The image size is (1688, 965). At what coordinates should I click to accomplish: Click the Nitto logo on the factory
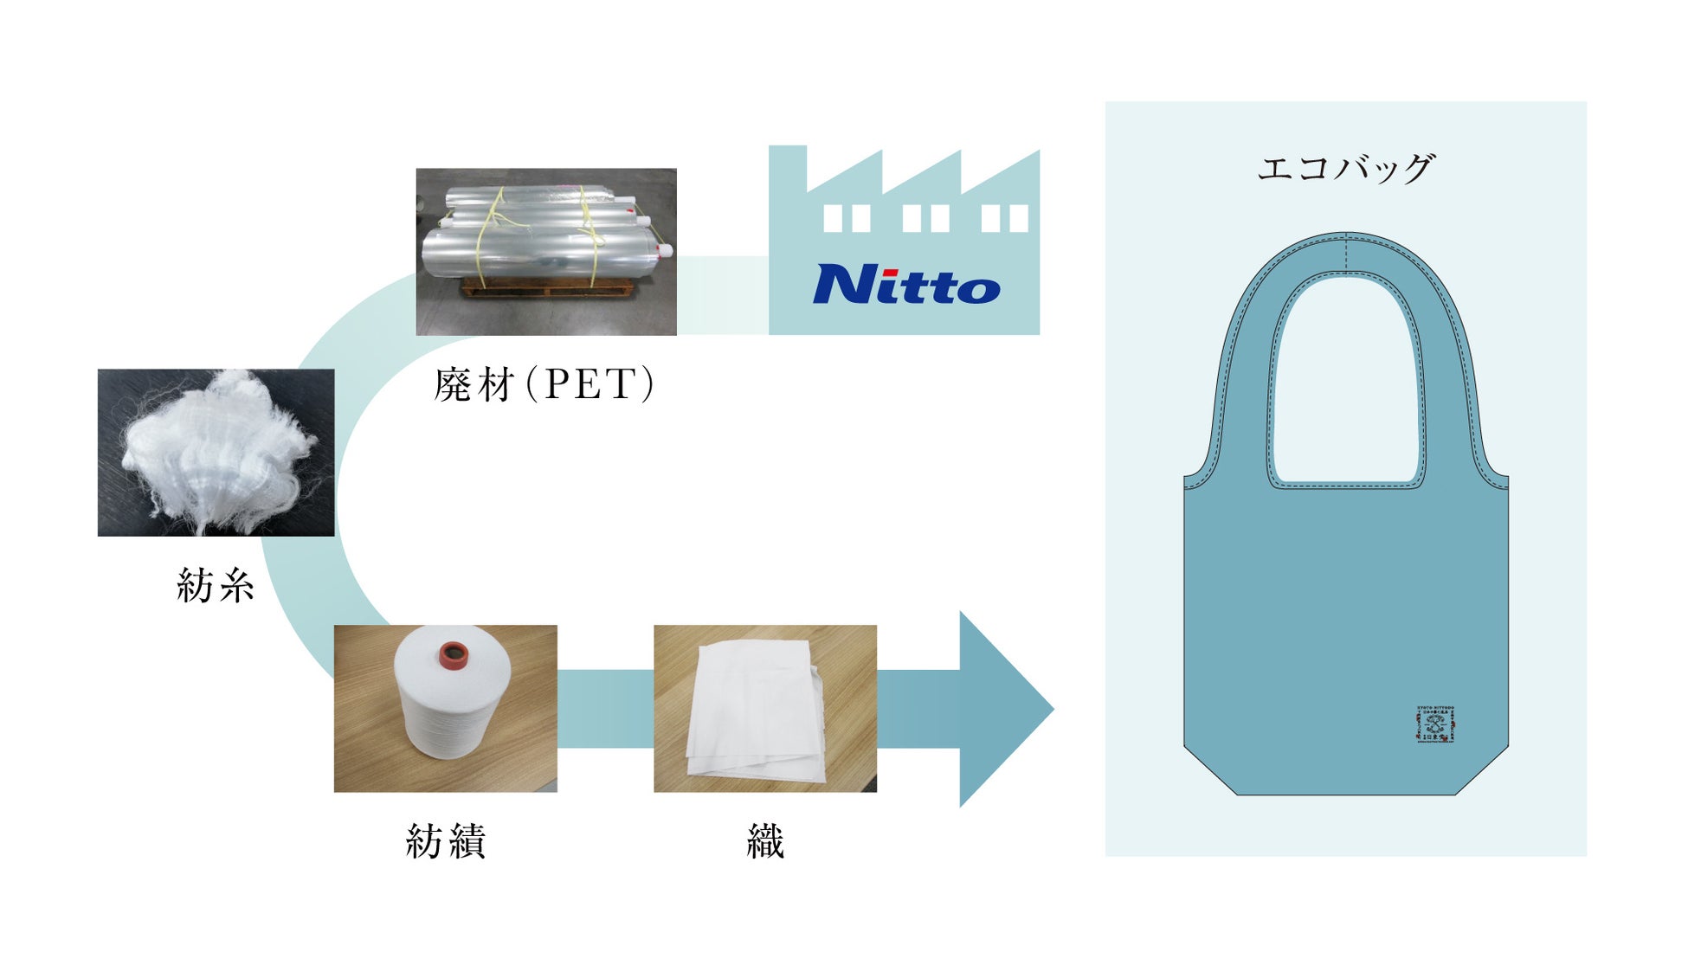coord(906,284)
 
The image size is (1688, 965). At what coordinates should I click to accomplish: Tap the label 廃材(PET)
coord(544,384)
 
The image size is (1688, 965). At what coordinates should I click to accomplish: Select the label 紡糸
coord(216,586)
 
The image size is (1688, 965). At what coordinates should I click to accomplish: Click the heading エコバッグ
coord(1345,168)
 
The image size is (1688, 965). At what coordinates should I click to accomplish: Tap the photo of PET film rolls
coord(545,251)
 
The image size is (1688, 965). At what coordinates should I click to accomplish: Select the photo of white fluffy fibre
coord(216,452)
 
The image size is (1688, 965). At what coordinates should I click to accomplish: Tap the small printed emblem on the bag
coord(1435,724)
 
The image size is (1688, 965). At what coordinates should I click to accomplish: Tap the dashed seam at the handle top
coord(1346,252)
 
